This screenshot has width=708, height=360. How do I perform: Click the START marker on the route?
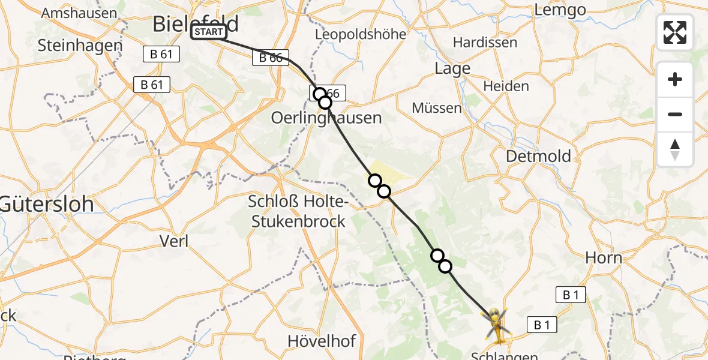tap(209, 32)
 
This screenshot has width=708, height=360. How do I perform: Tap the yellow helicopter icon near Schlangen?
tap(497, 324)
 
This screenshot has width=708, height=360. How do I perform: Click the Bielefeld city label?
tap(195, 24)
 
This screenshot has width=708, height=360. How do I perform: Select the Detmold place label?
tap(538, 156)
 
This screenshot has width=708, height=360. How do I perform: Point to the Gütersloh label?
tap(47, 204)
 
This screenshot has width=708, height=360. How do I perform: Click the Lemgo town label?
tap(560, 10)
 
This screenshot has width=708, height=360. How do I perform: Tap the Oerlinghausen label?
tap(326, 118)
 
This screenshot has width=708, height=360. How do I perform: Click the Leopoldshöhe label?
tap(361, 34)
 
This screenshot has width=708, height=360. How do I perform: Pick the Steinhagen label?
tap(80, 45)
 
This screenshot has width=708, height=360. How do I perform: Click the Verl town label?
tap(174, 241)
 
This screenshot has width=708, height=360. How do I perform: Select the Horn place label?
tap(604, 258)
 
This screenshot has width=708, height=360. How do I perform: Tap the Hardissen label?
tap(485, 43)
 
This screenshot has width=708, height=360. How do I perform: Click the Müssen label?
tap(437, 108)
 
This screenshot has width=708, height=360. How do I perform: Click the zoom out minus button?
tap(675, 114)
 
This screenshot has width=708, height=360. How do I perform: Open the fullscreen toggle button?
tap(675, 32)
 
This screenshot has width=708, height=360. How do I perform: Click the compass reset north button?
tap(675, 149)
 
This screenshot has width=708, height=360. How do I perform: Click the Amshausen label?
tap(79, 13)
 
